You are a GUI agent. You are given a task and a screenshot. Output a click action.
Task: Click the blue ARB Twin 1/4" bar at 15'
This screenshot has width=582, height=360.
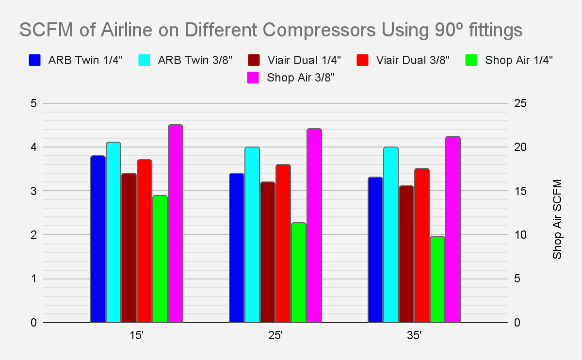click(x=97, y=239)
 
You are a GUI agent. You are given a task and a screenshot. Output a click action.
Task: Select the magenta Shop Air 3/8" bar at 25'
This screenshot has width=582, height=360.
click(x=314, y=225)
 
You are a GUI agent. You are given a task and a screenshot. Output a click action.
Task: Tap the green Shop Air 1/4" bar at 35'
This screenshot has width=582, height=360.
click(x=437, y=279)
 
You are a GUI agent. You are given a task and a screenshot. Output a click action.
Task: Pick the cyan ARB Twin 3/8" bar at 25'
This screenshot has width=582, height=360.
click(x=252, y=234)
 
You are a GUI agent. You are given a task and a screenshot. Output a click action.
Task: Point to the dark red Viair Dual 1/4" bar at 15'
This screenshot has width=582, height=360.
click(x=129, y=247)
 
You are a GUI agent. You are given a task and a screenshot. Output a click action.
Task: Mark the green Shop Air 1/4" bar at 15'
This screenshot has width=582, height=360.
click(x=160, y=259)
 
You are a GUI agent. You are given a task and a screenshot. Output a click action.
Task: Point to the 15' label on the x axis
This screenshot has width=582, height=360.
click(x=136, y=335)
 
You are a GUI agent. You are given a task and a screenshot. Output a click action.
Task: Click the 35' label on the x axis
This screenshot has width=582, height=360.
click(x=414, y=335)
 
